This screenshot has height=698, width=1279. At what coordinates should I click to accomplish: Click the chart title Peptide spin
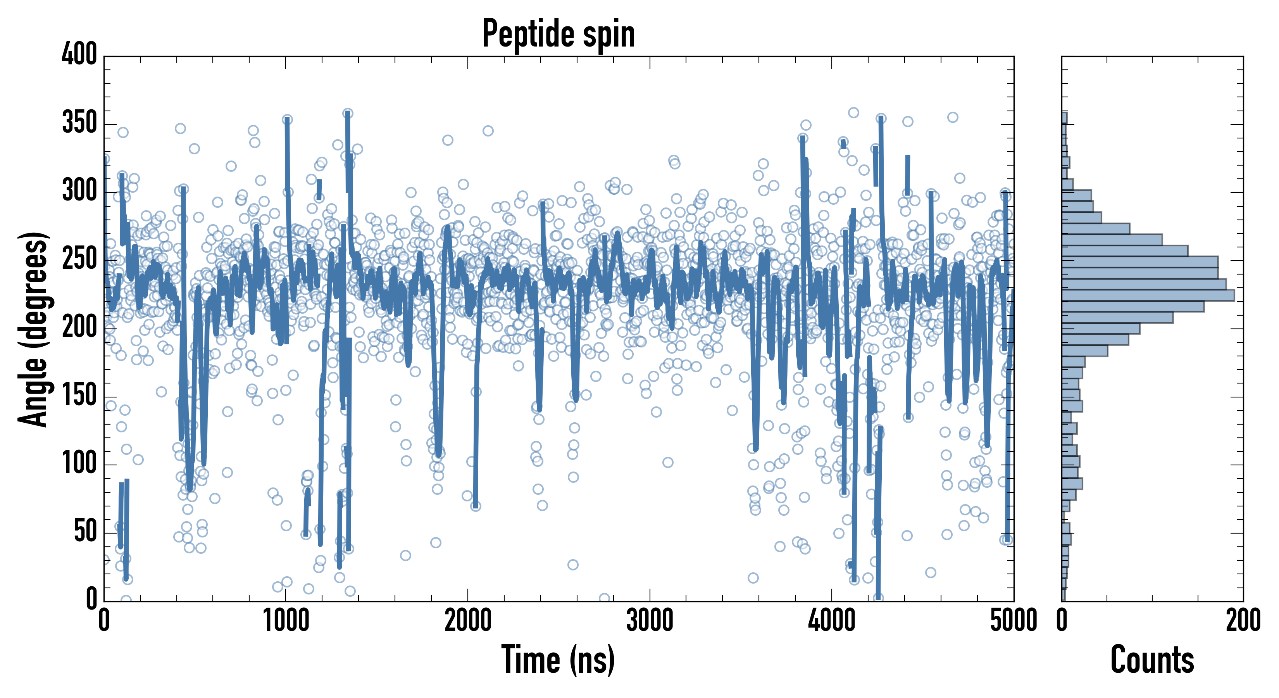point(558,34)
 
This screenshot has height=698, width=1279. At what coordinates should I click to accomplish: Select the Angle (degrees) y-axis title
point(33,329)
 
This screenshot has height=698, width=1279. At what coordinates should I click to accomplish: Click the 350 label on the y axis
point(79,122)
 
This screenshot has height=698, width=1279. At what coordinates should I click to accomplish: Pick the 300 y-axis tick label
point(79,190)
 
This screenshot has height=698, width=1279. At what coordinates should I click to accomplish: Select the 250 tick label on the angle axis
point(79,259)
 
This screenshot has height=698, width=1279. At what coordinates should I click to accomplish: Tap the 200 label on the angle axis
point(79,327)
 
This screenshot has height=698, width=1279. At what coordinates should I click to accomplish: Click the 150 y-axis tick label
point(79,396)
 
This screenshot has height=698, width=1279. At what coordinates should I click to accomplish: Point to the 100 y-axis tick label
point(79,463)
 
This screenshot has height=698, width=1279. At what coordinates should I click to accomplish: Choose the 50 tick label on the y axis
point(85,532)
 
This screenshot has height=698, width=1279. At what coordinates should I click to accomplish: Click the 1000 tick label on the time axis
point(286,621)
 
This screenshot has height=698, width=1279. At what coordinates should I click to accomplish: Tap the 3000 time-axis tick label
point(650,621)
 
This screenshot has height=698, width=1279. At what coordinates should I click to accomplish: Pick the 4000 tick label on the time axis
point(832,621)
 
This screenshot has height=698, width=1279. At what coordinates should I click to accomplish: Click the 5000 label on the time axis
point(1014,621)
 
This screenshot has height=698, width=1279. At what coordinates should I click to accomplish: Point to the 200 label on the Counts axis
point(1243,621)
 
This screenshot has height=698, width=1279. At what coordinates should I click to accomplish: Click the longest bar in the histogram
point(1148,295)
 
